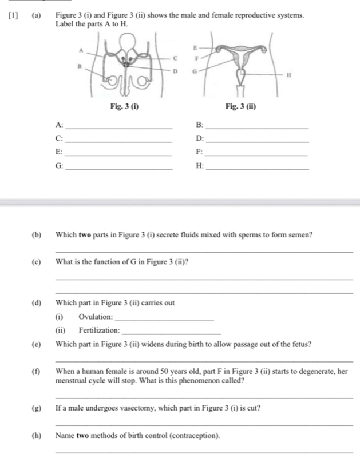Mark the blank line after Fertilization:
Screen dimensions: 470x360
pyautogui.click(x=171, y=332)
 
